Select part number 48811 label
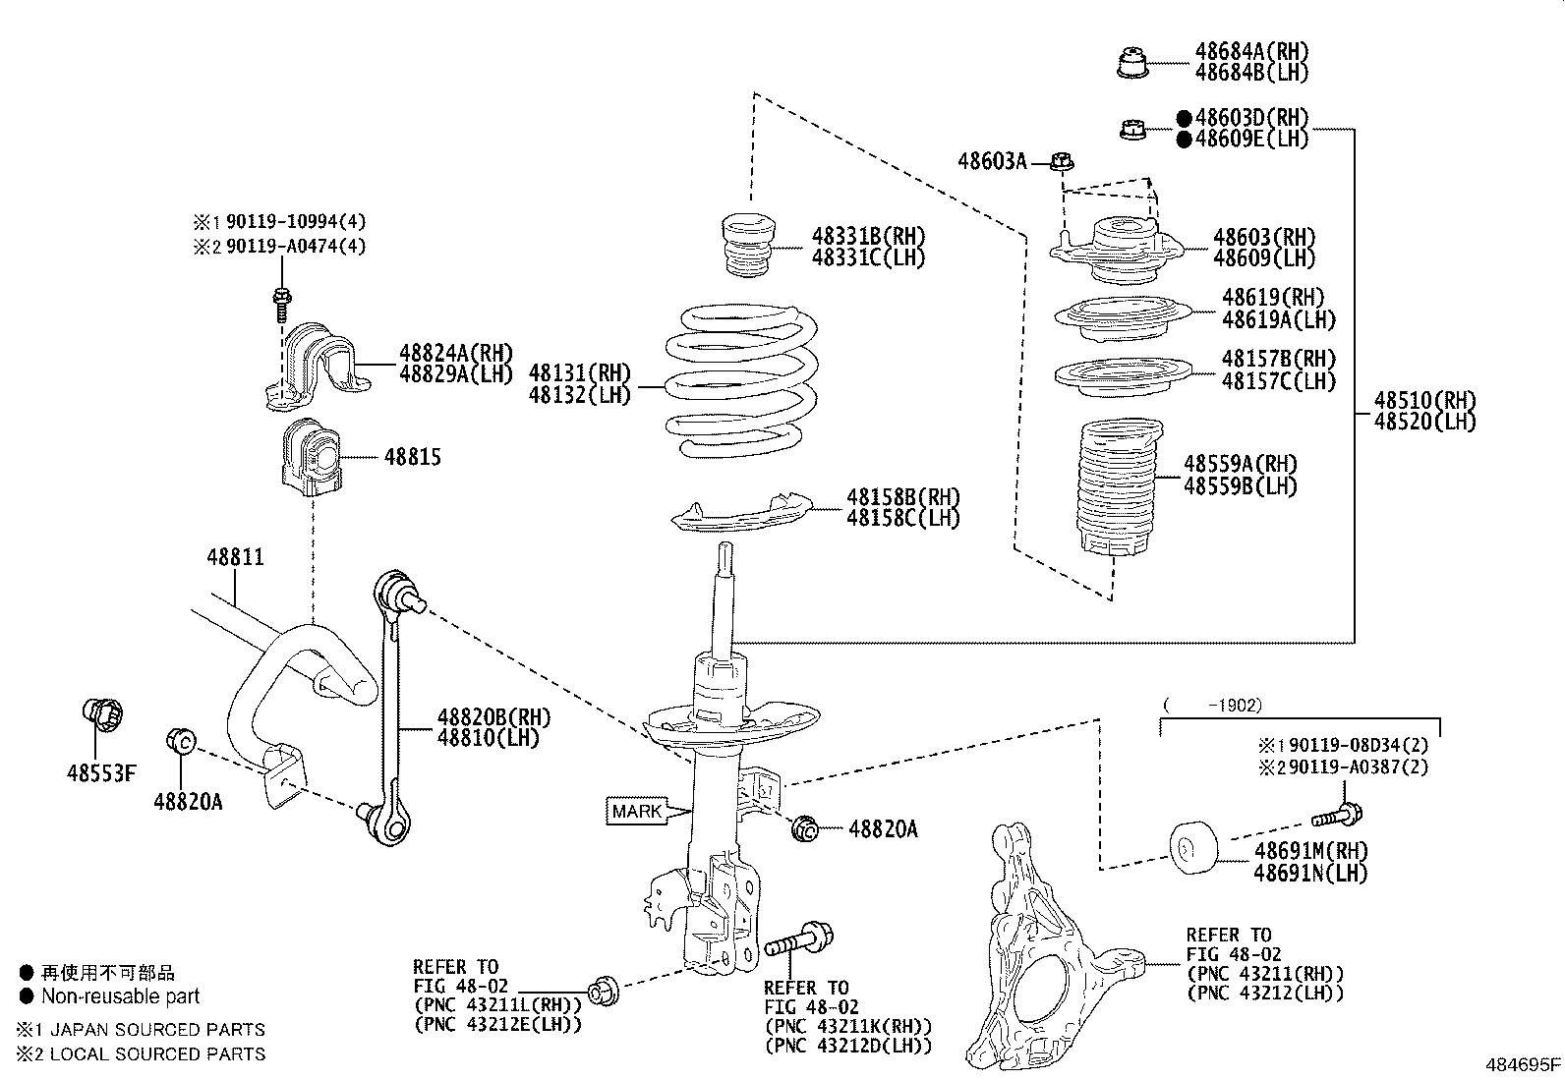(x=235, y=557)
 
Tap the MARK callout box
(x=637, y=812)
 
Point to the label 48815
(x=412, y=457)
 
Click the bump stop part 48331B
(x=749, y=246)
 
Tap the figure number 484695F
(x=1522, y=1063)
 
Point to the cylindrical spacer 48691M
(x=1192, y=846)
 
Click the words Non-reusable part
(x=120, y=996)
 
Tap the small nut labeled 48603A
(x=1063, y=161)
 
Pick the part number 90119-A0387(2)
(x=1358, y=767)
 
